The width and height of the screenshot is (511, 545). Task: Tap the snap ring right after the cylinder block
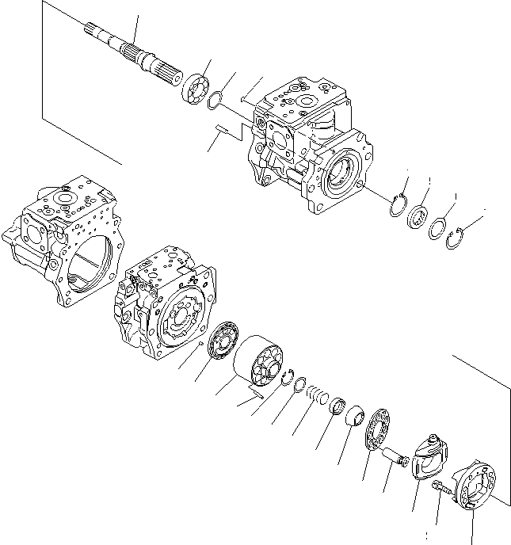pos(288,375)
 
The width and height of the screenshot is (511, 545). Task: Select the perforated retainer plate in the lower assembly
pos(379,432)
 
